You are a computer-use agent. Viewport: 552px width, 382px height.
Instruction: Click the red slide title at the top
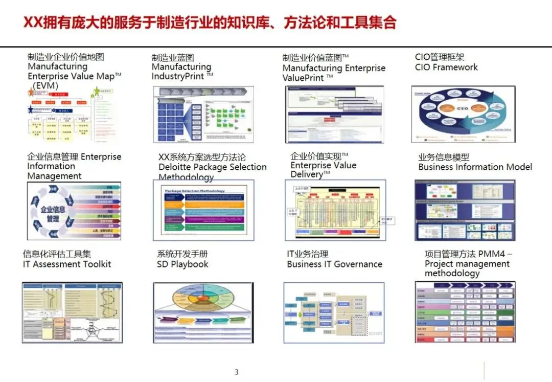[210, 23]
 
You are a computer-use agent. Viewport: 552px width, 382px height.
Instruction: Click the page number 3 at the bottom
[236, 372]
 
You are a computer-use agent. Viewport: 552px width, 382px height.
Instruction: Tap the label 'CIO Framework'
[446, 68]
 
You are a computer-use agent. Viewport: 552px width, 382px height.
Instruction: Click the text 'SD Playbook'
[182, 264]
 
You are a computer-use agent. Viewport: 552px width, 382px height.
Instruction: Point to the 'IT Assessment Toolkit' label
[67, 264]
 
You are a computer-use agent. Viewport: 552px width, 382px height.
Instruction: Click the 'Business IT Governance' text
[334, 264]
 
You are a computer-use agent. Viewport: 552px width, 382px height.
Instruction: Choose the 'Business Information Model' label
[475, 167]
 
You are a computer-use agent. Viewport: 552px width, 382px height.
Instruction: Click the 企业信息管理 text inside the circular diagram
[53, 214]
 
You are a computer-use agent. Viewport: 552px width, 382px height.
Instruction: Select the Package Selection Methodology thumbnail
[203, 210]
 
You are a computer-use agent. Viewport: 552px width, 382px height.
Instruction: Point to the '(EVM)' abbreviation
[44, 86]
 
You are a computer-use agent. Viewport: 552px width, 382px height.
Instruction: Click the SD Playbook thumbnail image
[203, 312]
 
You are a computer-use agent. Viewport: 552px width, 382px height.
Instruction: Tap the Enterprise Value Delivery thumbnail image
[335, 210]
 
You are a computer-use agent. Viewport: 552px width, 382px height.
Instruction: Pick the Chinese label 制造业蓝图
[173, 58]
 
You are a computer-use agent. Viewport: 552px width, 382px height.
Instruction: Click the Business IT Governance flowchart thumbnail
[334, 312]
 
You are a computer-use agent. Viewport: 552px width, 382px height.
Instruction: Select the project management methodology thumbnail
[465, 312]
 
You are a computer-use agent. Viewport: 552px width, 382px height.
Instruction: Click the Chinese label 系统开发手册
[182, 254]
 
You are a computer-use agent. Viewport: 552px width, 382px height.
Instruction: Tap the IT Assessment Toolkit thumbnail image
[72, 312]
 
